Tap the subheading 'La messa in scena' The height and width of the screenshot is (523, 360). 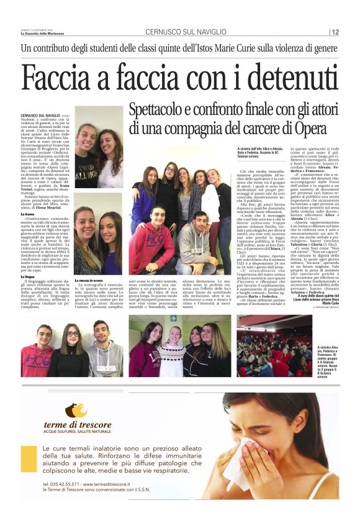coord(91,281)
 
